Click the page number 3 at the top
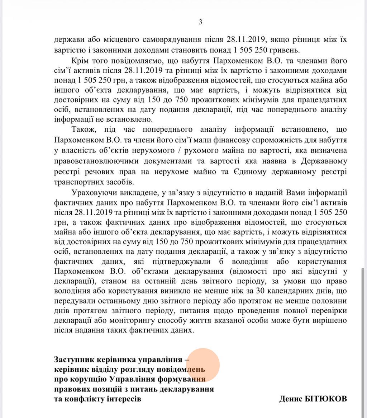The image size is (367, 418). click(200, 22)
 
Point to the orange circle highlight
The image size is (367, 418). click(203, 365)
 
